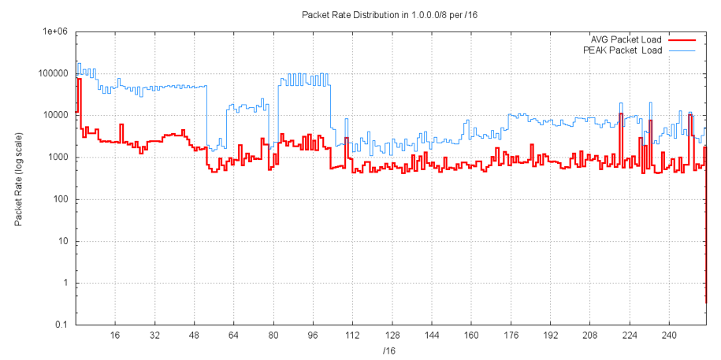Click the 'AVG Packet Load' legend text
[x=626, y=39]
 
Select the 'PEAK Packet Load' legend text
[x=623, y=50]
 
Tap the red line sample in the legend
[x=683, y=39]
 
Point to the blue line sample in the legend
[x=683, y=50]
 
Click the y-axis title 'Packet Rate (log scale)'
[x=18, y=179]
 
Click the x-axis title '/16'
[x=389, y=350]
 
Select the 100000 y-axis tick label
[x=53, y=73]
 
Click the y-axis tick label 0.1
[x=62, y=325]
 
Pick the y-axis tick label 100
[x=60, y=199]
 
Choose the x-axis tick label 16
[x=115, y=335]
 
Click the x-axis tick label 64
[x=233, y=335]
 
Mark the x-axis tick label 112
[x=352, y=335]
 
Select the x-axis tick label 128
[x=392, y=335]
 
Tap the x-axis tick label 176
[x=511, y=335]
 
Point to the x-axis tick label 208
[x=589, y=335]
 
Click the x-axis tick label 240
[x=669, y=335]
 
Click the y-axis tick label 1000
[x=58, y=157]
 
